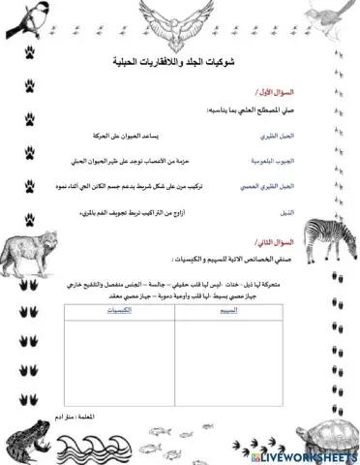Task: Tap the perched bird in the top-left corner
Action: (x=29, y=20)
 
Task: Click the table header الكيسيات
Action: (x=113, y=311)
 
